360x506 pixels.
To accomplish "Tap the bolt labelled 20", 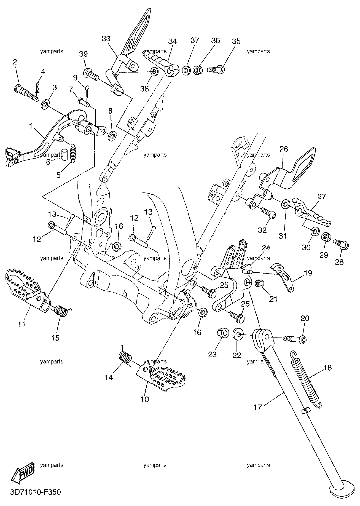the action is [294, 339].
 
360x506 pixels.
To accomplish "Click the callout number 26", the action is [284, 149].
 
